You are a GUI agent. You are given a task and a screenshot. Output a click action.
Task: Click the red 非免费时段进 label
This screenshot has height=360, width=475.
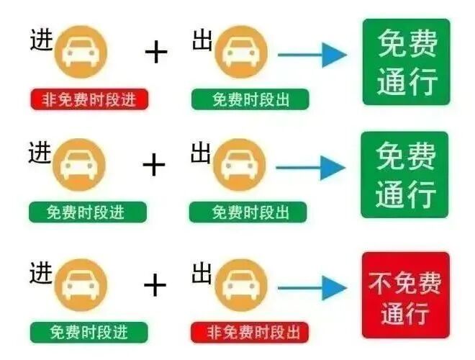[x=89, y=99]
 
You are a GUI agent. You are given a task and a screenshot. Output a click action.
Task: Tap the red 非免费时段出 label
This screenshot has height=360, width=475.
[x=250, y=332]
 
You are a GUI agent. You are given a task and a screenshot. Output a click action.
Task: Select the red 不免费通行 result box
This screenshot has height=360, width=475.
[x=406, y=295]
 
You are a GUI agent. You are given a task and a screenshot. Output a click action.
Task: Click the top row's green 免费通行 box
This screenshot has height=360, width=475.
[x=407, y=62]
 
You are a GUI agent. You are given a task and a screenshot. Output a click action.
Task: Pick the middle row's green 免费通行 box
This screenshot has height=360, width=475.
[x=404, y=174]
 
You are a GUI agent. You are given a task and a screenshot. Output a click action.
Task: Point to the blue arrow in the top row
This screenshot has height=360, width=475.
[x=312, y=55]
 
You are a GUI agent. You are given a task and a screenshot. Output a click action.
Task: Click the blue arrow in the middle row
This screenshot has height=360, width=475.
[x=310, y=168]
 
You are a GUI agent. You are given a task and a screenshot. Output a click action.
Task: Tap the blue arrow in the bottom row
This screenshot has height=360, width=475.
[x=312, y=288]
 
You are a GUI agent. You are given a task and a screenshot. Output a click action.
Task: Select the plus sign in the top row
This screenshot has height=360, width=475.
[x=156, y=53]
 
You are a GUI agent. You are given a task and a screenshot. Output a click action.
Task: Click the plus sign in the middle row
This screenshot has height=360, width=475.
[x=154, y=165]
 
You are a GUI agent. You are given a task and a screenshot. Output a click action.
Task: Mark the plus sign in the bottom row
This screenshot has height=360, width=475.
[x=155, y=285]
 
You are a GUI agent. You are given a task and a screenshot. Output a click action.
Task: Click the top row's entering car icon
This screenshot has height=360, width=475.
[x=81, y=52]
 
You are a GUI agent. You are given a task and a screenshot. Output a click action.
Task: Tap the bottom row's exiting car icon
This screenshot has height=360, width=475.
[x=241, y=285]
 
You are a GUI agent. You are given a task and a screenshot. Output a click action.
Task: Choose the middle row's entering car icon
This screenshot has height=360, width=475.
[x=79, y=165]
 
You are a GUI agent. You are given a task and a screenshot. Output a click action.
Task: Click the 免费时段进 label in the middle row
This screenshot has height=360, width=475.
[x=88, y=212]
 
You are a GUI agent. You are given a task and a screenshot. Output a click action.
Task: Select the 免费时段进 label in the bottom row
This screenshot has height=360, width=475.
[x=89, y=332]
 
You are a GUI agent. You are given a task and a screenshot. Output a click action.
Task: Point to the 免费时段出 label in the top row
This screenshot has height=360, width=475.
[x=250, y=99]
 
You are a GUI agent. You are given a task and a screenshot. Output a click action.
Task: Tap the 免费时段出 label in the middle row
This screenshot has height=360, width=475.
[x=248, y=212]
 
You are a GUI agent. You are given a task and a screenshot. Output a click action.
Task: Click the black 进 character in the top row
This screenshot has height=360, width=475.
[x=42, y=40]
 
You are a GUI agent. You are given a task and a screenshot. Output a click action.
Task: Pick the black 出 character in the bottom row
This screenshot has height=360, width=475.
[x=202, y=273]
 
